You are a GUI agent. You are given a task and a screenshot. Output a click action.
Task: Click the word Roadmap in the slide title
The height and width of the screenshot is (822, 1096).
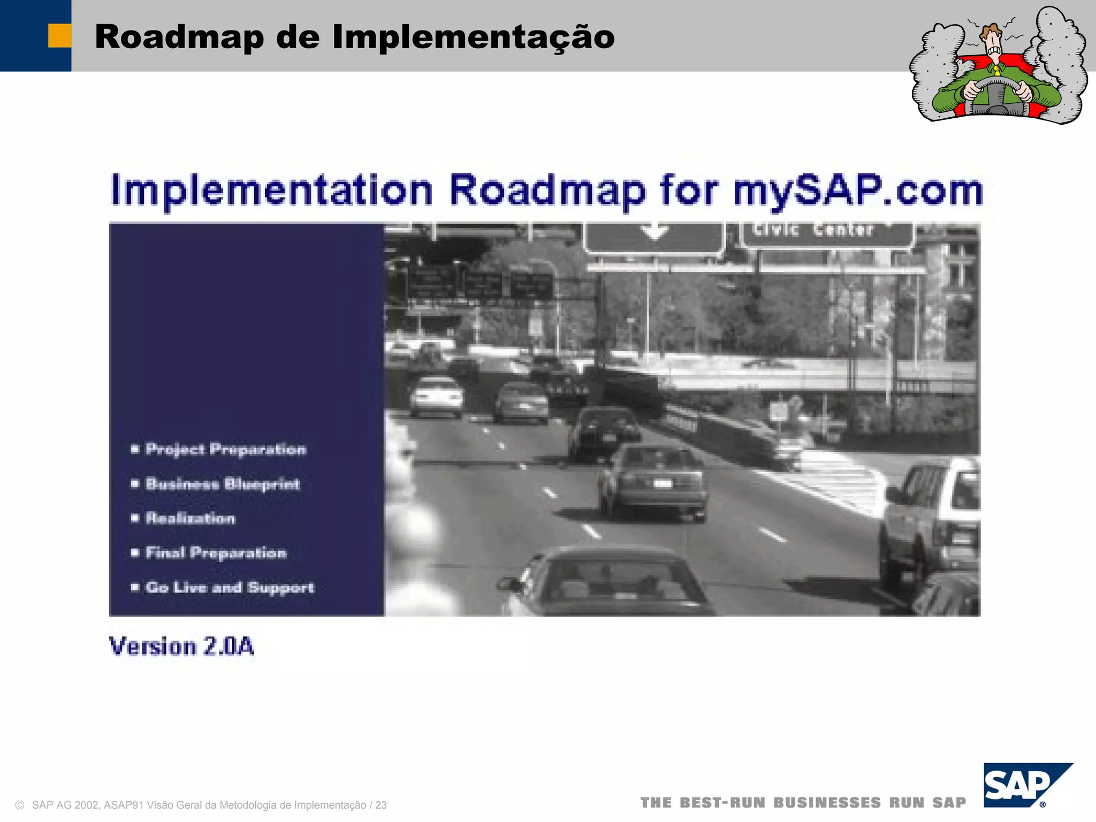pyautogui.click(x=179, y=37)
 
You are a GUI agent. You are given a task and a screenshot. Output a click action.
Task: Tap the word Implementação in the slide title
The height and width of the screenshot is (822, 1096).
pyautogui.click(x=473, y=37)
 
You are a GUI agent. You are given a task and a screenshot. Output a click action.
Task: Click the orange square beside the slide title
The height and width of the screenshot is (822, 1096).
pyautogui.click(x=59, y=36)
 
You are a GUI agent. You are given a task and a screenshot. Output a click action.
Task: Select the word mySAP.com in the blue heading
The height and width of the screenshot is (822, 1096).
pyautogui.click(x=858, y=190)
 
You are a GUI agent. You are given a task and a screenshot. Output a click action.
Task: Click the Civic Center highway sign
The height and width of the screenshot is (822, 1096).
pyautogui.click(x=827, y=232)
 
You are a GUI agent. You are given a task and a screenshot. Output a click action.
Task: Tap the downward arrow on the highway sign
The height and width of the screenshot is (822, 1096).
pyautogui.click(x=654, y=232)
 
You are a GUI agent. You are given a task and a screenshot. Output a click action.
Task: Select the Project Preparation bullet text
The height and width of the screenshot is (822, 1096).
pyautogui.click(x=225, y=449)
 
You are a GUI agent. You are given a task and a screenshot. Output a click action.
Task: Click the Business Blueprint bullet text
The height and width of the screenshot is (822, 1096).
pyautogui.click(x=223, y=484)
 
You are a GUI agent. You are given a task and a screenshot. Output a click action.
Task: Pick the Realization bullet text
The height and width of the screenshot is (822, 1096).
pyautogui.click(x=190, y=518)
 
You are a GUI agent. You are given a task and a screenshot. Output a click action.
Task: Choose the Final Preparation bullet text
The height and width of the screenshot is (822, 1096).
pyautogui.click(x=216, y=552)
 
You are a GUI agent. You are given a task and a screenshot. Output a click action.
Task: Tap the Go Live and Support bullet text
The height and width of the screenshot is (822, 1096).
pyautogui.click(x=230, y=587)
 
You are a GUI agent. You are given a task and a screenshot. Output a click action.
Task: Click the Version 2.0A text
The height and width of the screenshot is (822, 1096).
pyautogui.click(x=181, y=646)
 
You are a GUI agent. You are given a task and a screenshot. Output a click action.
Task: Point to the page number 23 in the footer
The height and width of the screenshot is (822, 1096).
pyautogui.click(x=380, y=805)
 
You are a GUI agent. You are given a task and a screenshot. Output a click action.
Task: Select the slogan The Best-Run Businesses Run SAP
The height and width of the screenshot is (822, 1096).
pyautogui.click(x=803, y=803)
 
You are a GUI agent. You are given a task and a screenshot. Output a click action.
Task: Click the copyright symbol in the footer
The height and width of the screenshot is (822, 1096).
pyautogui.click(x=20, y=805)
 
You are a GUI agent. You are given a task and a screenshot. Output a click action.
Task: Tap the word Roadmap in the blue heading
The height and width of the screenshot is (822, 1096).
pyautogui.click(x=547, y=190)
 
